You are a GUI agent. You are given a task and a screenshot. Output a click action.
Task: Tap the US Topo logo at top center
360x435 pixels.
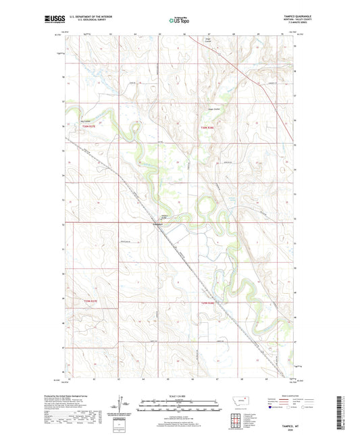point(178,21)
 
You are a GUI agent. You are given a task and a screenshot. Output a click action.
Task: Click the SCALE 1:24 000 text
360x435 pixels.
point(180,396)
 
